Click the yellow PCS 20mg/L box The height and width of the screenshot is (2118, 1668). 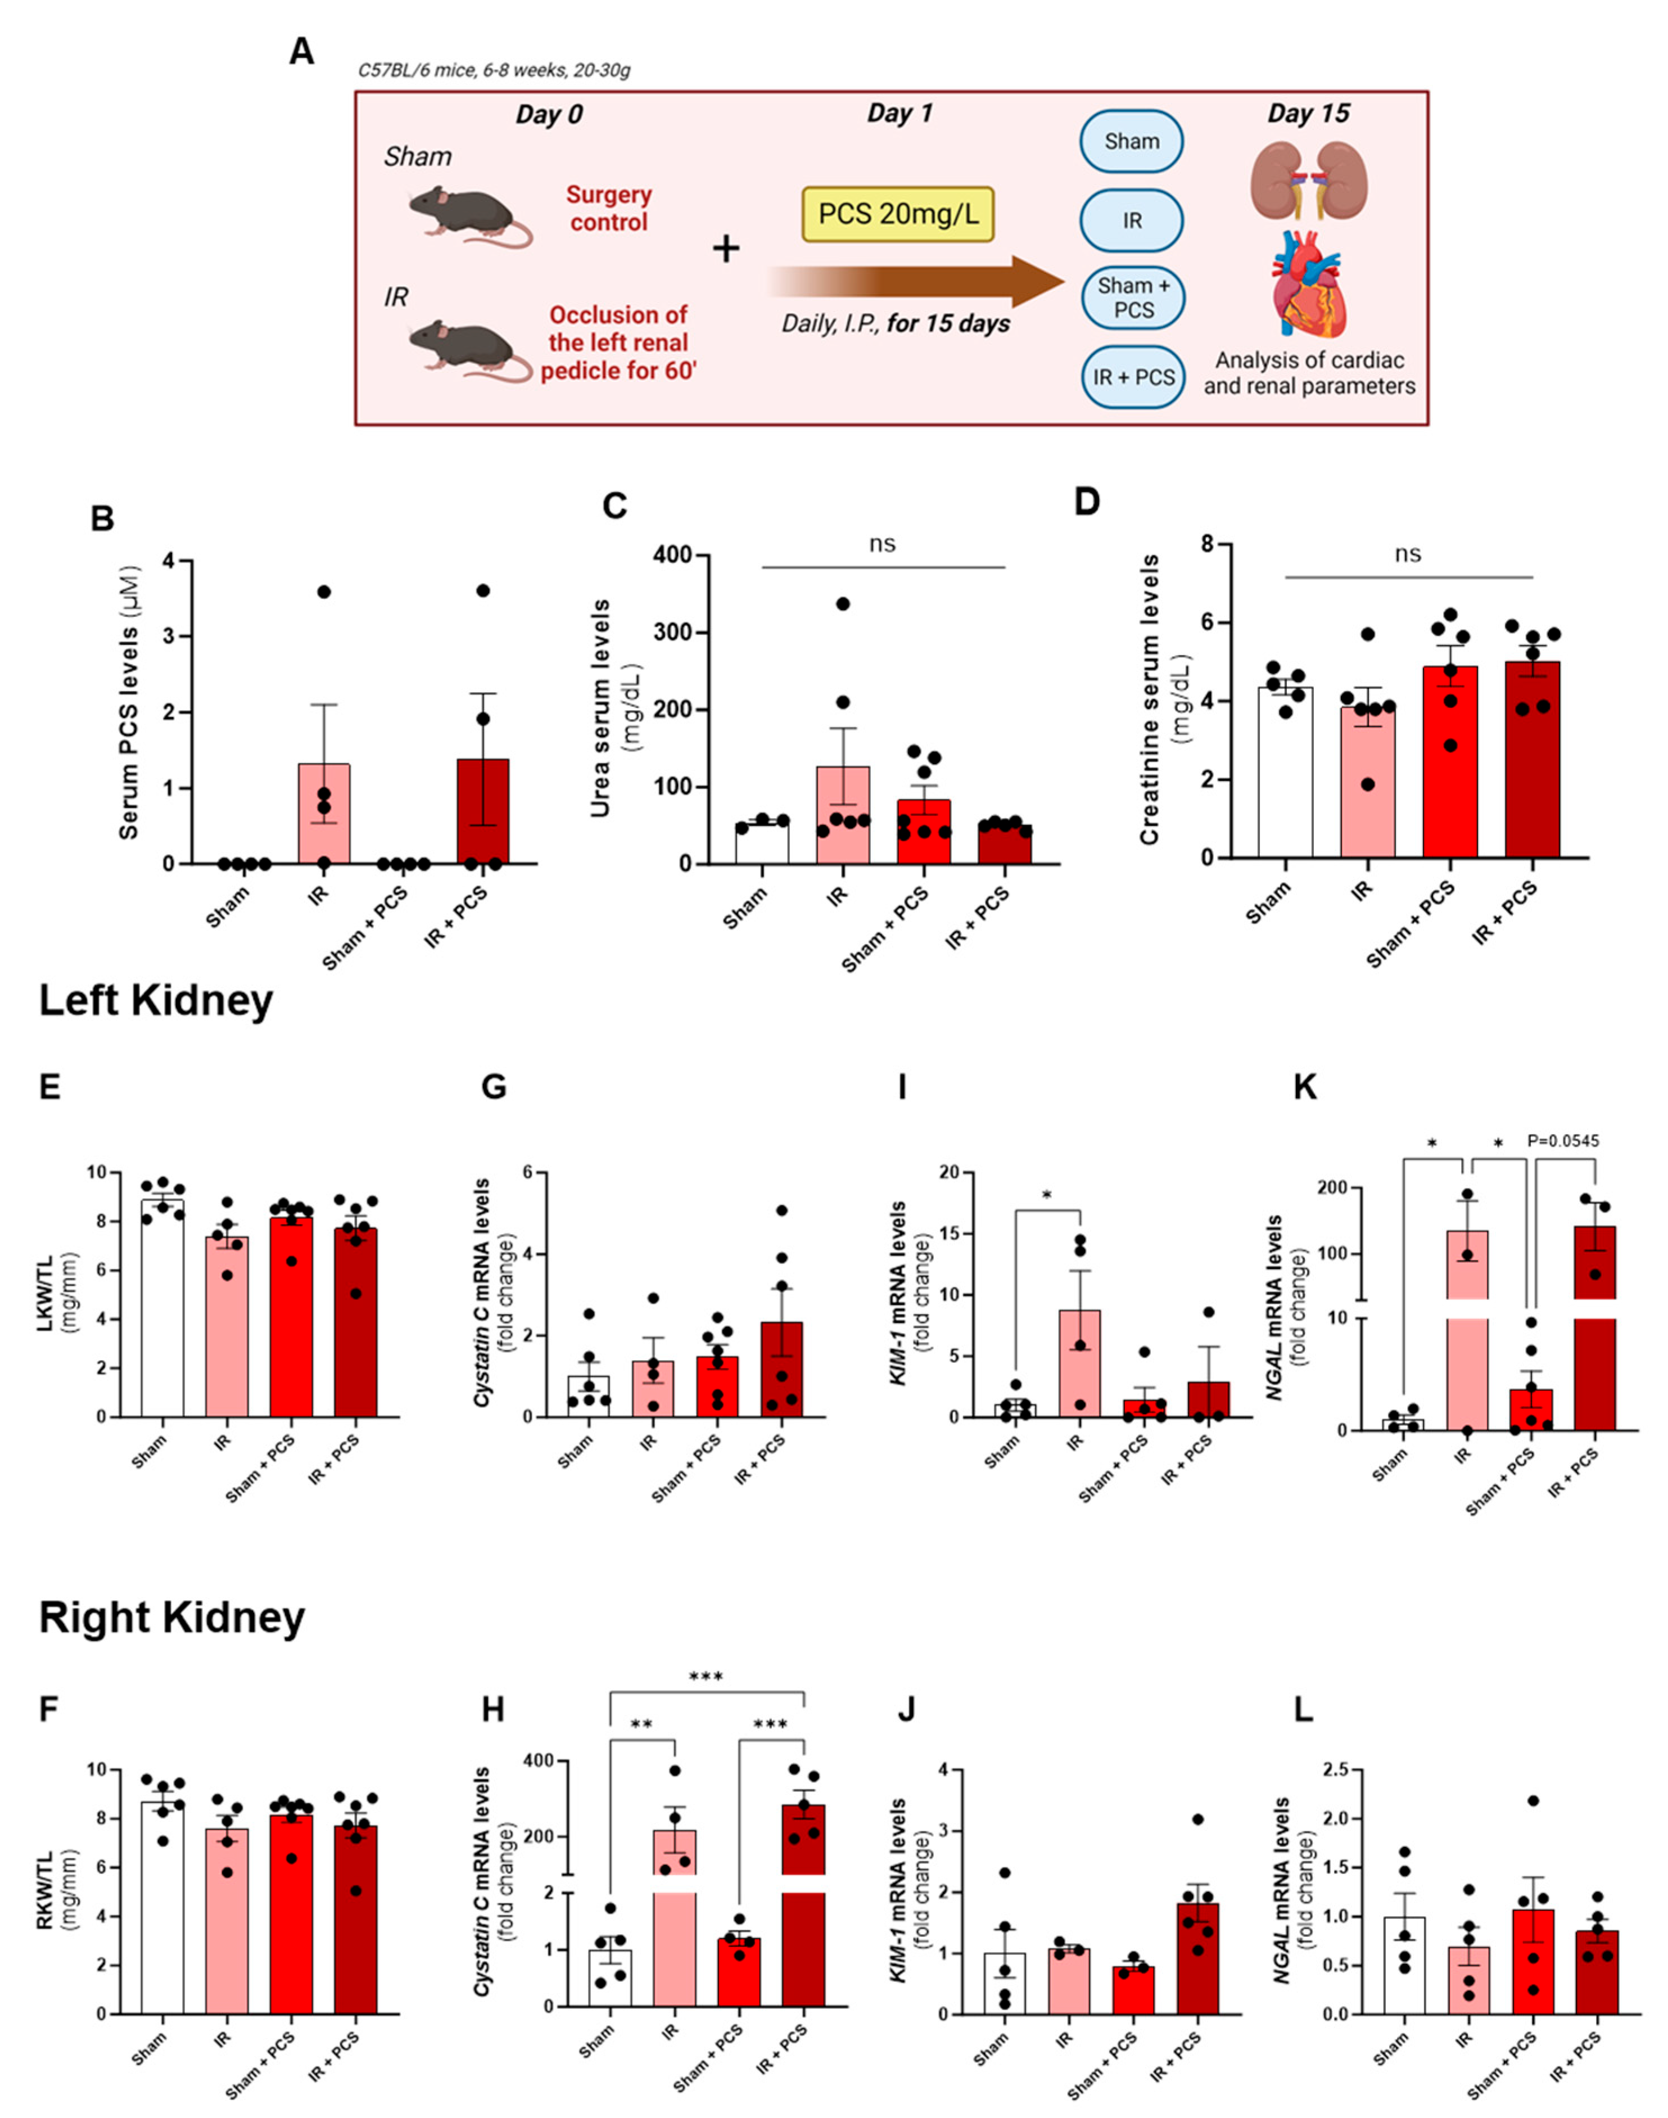(897, 214)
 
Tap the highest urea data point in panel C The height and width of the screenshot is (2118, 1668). (842, 603)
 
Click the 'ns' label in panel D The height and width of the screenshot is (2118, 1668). (1407, 554)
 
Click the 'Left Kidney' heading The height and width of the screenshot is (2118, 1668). (156, 1001)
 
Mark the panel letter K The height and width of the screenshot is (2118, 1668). (1305, 1087)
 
